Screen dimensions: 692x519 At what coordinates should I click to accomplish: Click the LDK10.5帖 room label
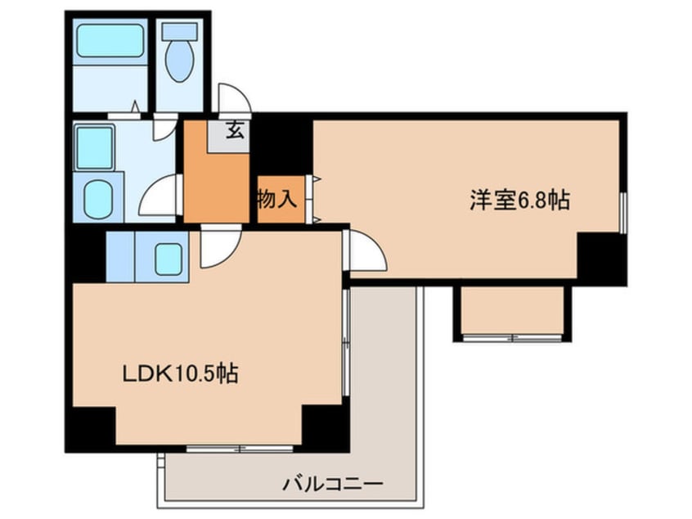(180, 373)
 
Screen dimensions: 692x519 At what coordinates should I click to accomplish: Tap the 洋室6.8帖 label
(519, 200)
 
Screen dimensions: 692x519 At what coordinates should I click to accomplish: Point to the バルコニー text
(333, 484)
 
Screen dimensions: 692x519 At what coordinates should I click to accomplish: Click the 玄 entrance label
(235, 130)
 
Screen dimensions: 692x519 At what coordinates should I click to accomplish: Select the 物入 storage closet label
(277, 199)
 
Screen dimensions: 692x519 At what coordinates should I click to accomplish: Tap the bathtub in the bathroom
(110, 41)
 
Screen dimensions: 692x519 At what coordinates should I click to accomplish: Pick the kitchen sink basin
(169, 259)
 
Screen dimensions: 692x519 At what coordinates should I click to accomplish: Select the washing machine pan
(94, 148)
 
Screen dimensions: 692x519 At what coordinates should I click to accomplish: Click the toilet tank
(179, 32)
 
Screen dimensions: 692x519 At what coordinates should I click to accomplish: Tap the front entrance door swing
(235, 99)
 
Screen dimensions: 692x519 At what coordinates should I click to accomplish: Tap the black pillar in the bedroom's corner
(600, 258)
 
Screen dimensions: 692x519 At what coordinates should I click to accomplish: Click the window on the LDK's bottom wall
(240, 449)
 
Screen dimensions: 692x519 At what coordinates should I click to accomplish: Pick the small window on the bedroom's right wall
(622, 213)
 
